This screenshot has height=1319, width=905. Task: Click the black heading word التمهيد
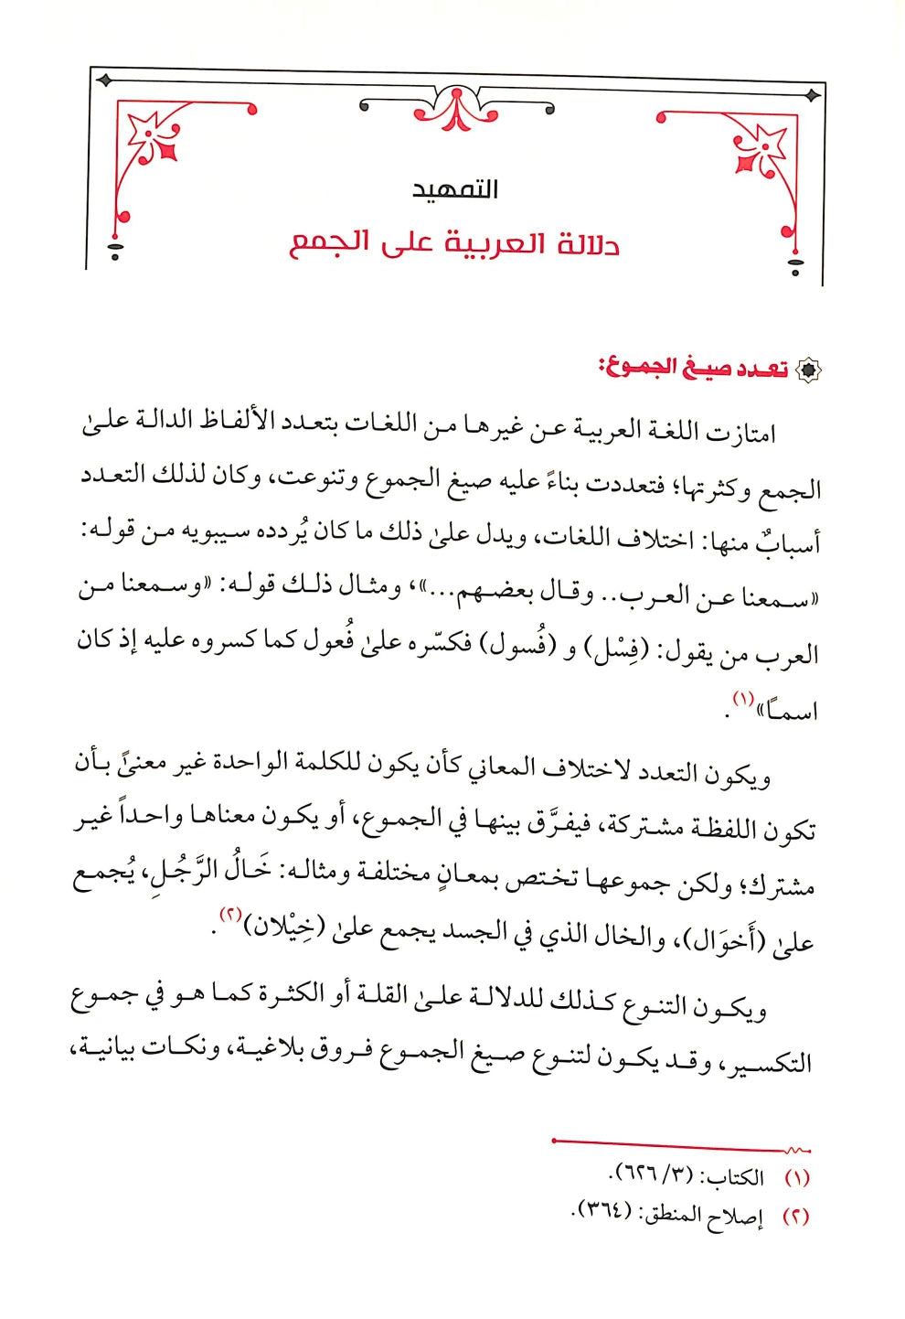pyautogui.click(x=454, y=189)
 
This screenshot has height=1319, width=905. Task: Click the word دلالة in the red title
pyautogui.click(x=584, y=244)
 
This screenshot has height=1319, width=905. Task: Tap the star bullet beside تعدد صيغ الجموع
pyautogui.click(x=808, y=370)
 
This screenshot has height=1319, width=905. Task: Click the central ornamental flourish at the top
pyautogui.click(x=456, y=108)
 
